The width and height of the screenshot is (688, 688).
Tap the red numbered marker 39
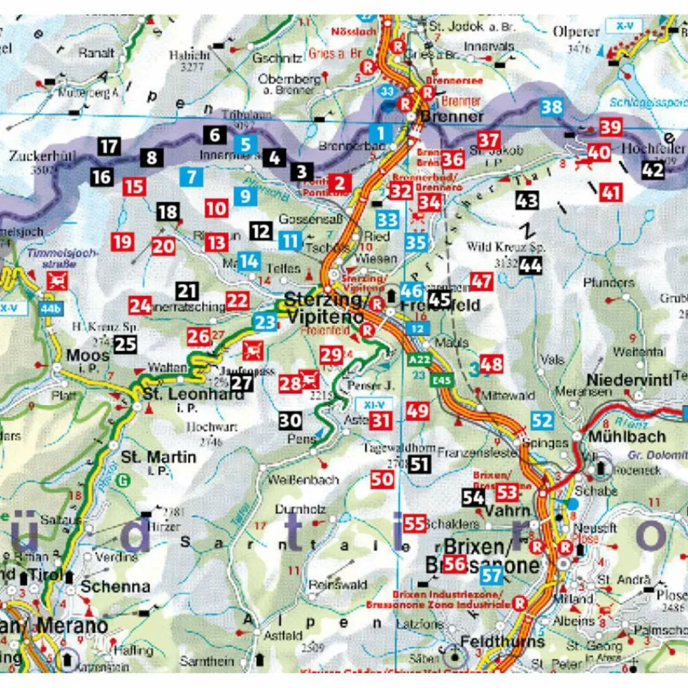point(611,127)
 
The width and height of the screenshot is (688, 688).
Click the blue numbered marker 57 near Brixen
point(492,575)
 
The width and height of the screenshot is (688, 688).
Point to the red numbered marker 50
point(382,479)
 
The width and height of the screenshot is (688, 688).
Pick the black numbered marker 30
point(290,421)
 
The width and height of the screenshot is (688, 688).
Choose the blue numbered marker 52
point(542,421)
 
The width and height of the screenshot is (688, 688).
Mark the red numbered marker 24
point(140,306)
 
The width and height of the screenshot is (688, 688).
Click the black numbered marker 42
point(652,170)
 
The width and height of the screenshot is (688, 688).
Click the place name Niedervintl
point(629,380)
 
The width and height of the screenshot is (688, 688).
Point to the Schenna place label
point(115,586)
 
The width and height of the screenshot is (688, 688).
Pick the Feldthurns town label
point(503,642)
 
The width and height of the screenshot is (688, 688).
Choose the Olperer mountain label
point(575,32)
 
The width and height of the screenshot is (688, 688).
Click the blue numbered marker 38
point(551,107)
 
